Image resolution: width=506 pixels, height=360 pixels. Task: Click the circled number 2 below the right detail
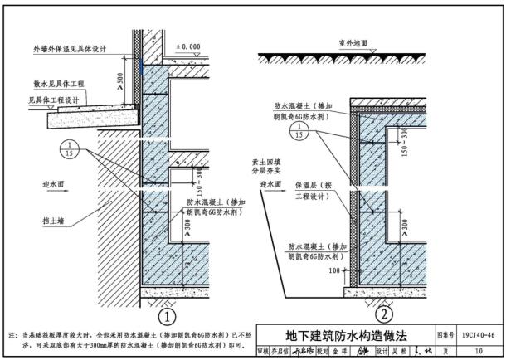(383, 314)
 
